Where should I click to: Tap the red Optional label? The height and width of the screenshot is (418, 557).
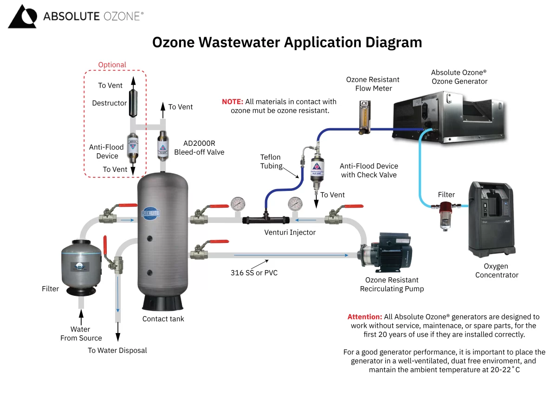pos(112,65)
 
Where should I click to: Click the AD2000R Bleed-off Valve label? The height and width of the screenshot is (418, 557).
pos(199,148)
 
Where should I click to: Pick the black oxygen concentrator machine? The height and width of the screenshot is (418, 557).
pos(491,218)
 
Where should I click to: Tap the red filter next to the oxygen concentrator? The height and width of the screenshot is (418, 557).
pos(446,213)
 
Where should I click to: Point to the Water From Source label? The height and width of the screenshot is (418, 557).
pos(81,333)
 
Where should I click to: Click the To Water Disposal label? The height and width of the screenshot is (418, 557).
pos(117,350)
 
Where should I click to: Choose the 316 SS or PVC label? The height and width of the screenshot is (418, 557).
pos(254,273)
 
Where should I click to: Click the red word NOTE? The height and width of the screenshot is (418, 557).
pos(232,102)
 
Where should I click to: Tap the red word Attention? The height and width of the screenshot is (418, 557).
pos(365,317)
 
